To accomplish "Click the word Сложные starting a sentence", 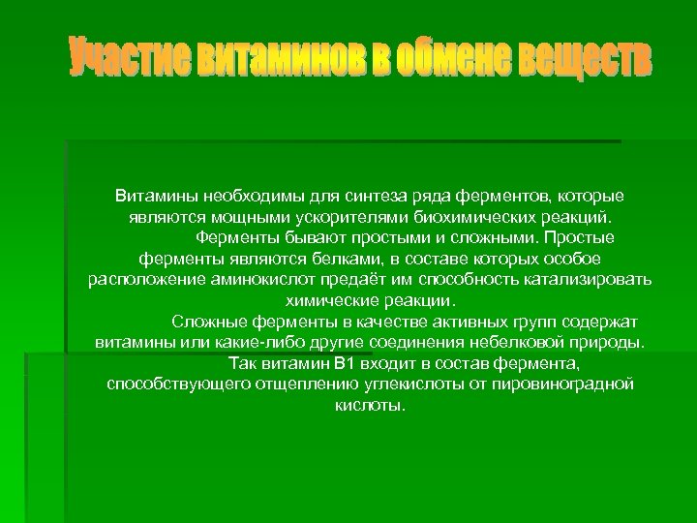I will (205, 322).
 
